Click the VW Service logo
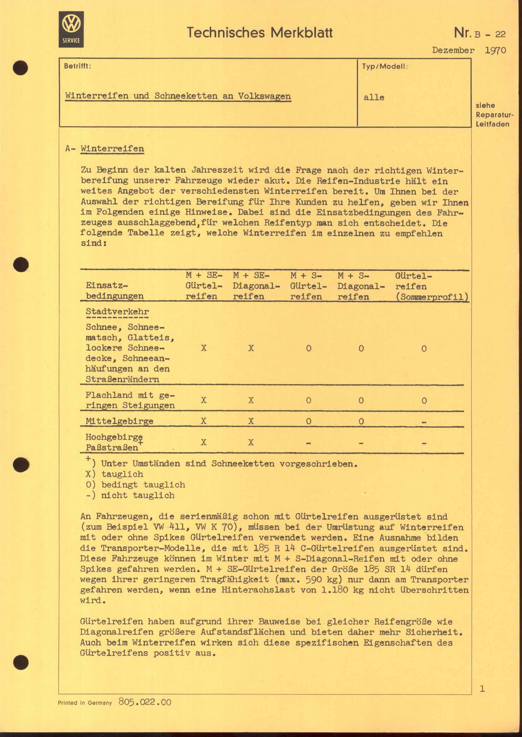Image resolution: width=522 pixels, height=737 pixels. [x=71, y=30]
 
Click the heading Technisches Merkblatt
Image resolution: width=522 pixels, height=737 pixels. [x=259, y=33]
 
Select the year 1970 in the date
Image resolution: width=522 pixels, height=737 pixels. [x=495, y=50]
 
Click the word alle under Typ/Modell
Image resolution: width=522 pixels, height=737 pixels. [x=374, y=98]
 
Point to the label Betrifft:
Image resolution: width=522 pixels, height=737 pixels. [x=77, y=66]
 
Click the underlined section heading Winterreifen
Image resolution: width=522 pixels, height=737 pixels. [x=112, y=149]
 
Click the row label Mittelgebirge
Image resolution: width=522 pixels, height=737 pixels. [x=119, y=421]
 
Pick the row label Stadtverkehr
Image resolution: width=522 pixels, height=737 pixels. [x=117, y=311]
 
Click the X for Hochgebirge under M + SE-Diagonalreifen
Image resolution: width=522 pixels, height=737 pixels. [x=251, y=442]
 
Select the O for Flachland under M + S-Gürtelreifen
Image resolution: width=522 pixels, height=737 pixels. [x=309, y=400]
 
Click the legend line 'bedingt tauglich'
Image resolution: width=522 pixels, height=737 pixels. [x=135, y=485]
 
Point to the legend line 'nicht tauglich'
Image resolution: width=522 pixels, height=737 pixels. [x=130, y=495]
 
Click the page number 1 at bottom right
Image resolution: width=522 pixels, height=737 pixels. [x=482, y=688]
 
